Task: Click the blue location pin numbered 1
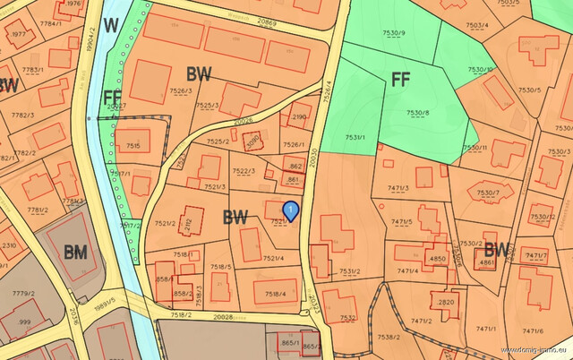tap(290, 210)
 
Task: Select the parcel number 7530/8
tap(418, 113)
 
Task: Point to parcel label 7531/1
tap(355, 137)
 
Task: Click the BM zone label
tap(76, 252)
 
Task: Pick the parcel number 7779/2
tap(23, 294)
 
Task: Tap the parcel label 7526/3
tap(181, 90)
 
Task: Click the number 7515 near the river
tap(133, 145)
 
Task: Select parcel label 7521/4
tap(274, 259)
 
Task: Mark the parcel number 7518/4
tap(275, 294)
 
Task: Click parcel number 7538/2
tap(413, 337)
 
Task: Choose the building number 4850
tap(437, 259)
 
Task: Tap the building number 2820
tap(446, 303)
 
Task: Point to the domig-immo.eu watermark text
tap(535, 350)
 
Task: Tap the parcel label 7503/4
tap(477, 25)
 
